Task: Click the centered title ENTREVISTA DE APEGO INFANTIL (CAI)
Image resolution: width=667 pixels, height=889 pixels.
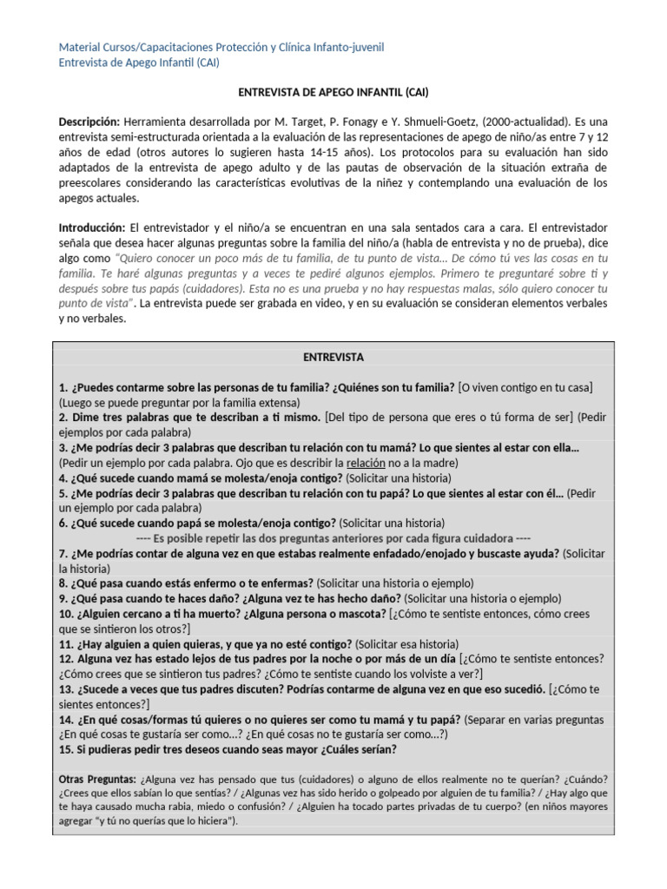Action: point(333,91)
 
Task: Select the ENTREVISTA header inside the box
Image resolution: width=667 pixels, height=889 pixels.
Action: point(333,357)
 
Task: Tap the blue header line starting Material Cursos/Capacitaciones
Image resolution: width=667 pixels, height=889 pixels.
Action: point(221,46)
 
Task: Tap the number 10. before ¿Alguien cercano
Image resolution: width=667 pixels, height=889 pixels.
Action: point(67,614)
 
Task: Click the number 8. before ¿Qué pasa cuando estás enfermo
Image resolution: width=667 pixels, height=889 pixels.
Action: point(63,583)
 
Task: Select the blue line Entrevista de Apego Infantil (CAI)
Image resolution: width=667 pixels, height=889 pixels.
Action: point(138,62)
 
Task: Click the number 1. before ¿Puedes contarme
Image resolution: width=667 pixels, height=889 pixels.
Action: point(63,386)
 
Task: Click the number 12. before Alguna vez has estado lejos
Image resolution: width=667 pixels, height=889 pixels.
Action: point(67,659)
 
